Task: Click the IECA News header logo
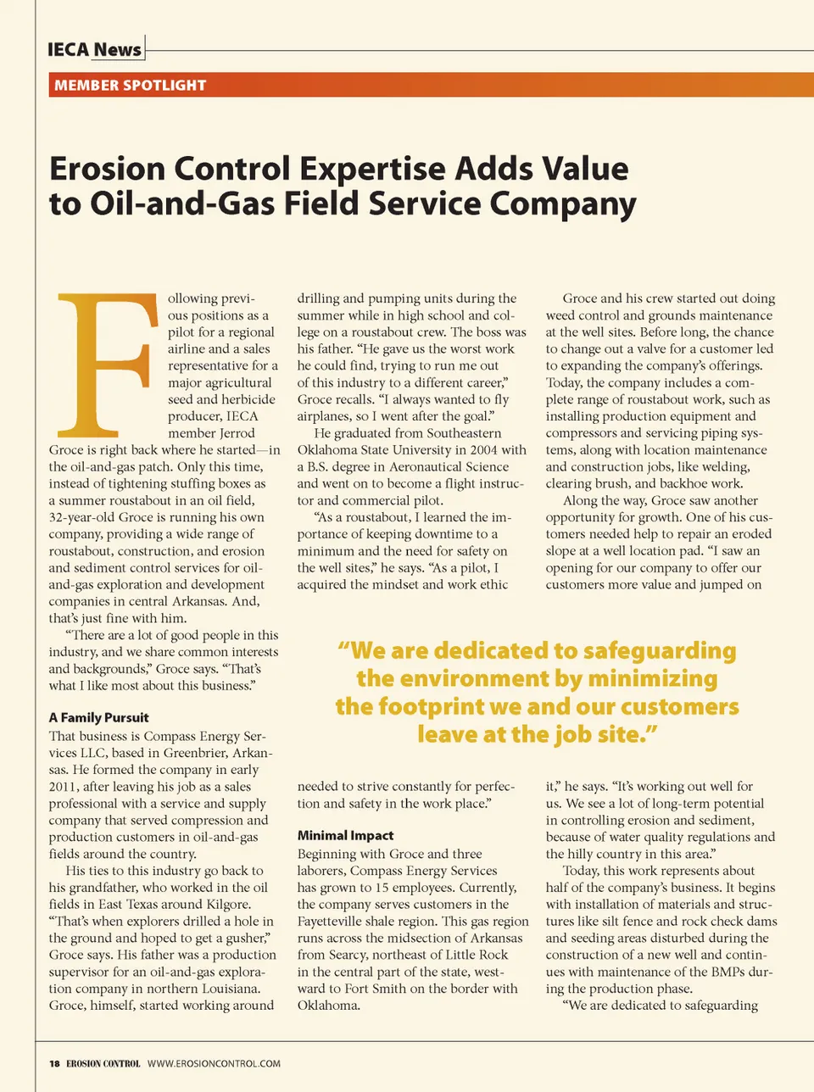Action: (94, 49)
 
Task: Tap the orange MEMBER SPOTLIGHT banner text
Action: (130, 85)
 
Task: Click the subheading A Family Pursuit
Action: (98, 717)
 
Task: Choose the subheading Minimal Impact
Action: (345, 835)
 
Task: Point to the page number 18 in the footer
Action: (54, 1063)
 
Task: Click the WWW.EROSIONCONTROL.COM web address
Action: (214, 1063)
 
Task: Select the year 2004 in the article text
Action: (482, 450)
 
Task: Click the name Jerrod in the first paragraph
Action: (237, 433)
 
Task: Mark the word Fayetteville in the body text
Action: (339, 922)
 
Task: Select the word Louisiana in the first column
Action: (227, 989)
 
